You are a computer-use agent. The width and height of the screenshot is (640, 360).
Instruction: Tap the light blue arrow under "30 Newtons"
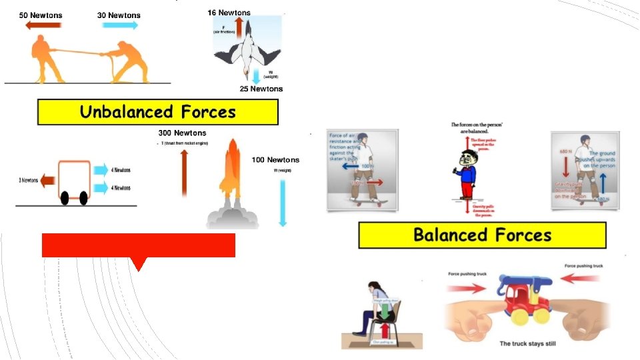[x=121, y=25]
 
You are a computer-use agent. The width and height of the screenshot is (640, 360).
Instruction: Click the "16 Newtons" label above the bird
[x=229, y=13]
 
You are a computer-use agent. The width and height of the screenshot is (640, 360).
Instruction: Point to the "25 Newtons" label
[x=261, y=89]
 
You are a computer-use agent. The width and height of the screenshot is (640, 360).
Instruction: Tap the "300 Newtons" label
[x=182, y=133]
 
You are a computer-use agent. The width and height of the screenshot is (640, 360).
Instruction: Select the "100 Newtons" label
[x=275, y=160]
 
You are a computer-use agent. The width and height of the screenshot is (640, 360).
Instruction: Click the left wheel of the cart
[x=65, y=199]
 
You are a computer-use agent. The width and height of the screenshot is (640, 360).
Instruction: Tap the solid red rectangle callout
[x=138, y=245]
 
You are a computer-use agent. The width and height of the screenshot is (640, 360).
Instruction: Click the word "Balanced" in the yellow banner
[x=450, y=235]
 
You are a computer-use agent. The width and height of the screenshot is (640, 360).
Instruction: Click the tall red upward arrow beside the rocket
[x=184, y=173]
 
